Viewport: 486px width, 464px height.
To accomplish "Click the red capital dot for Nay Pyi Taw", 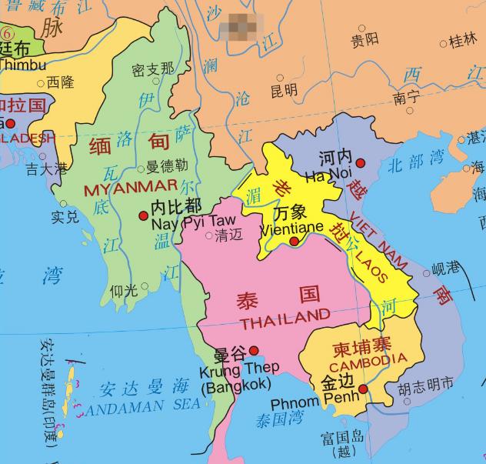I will click(x=143, y=216).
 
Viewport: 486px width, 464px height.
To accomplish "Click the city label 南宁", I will click(x=405, y=98).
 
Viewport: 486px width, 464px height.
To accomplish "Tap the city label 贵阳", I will click(x=364, y=38).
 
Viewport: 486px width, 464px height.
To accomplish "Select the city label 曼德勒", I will click(x=167, y=165).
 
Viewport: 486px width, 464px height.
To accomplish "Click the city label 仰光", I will click(x=123, y=290).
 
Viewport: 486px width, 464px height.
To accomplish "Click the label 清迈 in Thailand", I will click(x=227, y=235).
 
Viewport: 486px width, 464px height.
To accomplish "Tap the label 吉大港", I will click(x=46, y=167).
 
